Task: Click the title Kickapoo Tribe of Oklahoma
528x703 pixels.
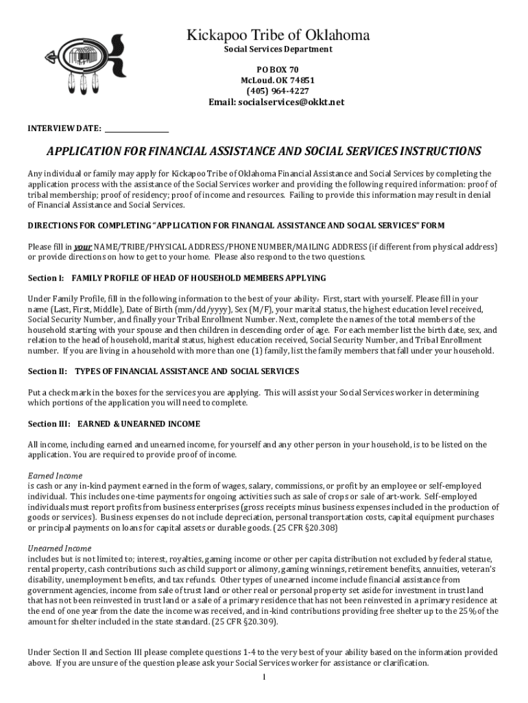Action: pyautogui.click(x=278, y=35)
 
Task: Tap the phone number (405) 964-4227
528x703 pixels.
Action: pyautogui.click(x=278, y=91)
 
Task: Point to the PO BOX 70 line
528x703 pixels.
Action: pyautogui.click(x=278, y=70)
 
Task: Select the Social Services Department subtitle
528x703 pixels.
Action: pyautogui.click(x=278, y=49)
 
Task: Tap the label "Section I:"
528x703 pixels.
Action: pyautogui.click(x=45, y=278)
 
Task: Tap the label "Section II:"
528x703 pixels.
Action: pyautogui.click(x=47, y=371)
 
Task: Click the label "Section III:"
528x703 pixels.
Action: pyautogui.click(x=49, y=424)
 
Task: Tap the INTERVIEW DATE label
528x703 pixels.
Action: pyautogui.click(x=64, y=128)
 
